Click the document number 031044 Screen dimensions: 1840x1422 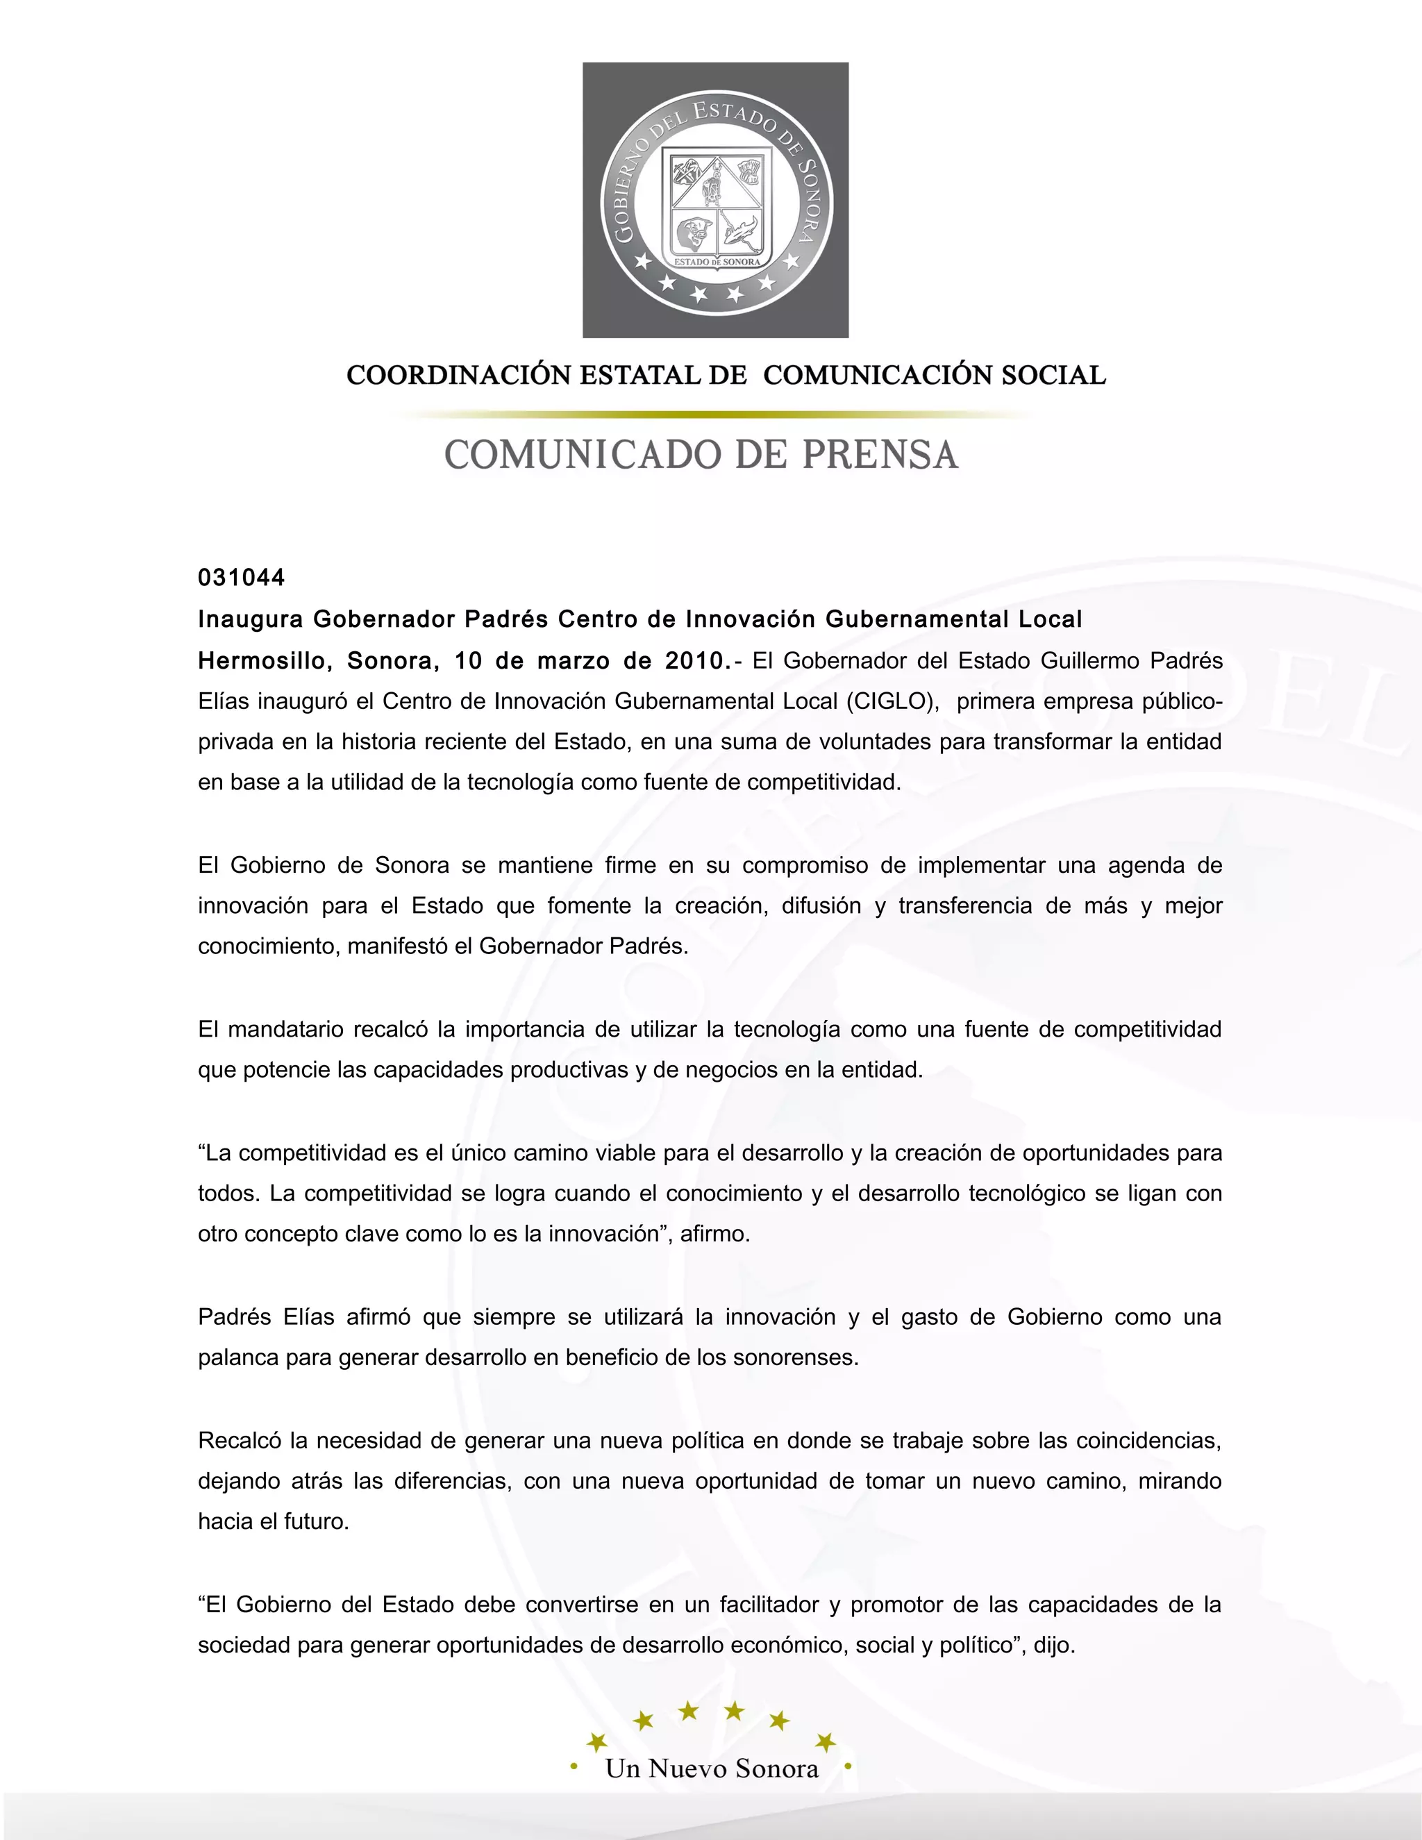tap(241, 578)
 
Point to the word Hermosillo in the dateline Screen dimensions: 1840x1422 tap(260, 661)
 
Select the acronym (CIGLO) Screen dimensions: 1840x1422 tap(893, 702)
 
